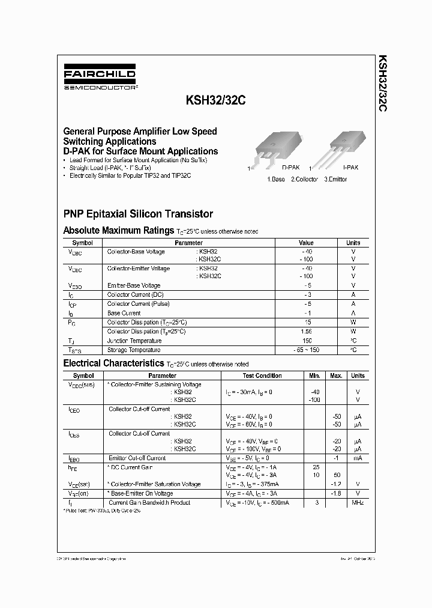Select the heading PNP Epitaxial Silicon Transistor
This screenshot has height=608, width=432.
[x=138, y=214]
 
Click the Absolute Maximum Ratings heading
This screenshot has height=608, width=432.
[x=119, y=230]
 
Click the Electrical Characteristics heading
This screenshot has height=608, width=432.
[x=113, y=363]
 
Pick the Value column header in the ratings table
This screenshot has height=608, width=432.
[x=306, y=243]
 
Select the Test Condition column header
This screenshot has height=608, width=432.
[x=262, y=375]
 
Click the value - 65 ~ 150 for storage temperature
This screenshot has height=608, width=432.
[x=306, y=350]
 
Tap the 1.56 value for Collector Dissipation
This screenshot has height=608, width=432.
[x=306, y=331]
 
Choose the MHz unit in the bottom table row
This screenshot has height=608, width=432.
[x=358, y=502]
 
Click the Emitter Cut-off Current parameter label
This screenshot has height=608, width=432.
[x=137, y=458]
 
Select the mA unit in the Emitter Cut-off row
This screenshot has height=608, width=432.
[x=358, y=458]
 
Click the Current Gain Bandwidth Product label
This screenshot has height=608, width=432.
[x=149, y=502]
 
